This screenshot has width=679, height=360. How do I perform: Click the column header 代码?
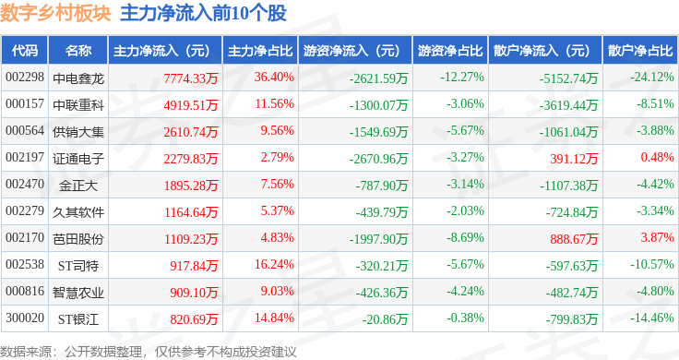click(24, 51)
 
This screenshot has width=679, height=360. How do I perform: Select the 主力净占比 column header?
click(260, 51)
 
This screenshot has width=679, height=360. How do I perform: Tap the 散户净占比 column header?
click(640, 51)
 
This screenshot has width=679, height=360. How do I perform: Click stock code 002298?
click(25, 78)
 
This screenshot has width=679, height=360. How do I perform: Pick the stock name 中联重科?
click(78, 105)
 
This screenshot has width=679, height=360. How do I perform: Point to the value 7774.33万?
click(191, 78)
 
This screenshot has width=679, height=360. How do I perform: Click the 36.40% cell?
click(274, 78)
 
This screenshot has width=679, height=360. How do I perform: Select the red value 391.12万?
click(574, 159)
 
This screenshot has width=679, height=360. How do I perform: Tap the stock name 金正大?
click(78, 186)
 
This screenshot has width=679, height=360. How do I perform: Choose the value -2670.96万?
click(378, 159)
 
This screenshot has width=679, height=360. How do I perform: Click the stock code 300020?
click(25, 318)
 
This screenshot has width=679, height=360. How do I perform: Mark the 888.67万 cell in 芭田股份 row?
click(574, 239)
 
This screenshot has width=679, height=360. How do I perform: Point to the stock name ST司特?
click(78, 266)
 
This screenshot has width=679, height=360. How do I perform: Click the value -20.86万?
click(385, 319)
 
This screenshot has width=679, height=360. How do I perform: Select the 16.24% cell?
click(274, 264)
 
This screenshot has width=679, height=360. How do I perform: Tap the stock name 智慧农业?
click(78, 293)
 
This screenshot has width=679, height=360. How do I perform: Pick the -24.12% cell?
click(651, 78)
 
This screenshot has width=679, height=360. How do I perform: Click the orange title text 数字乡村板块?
click(55, 14)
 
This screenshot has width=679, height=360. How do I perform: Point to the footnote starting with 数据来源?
click(149, 352)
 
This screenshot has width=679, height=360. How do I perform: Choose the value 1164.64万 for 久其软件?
click(191, 212)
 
